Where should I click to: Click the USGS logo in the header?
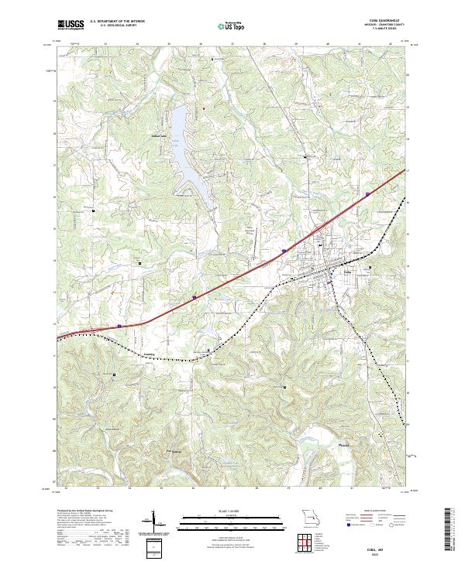71,25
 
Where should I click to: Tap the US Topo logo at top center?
232,26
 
